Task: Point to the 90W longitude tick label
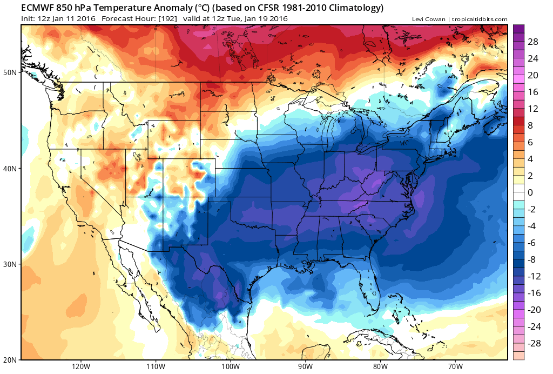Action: tap(305, 366)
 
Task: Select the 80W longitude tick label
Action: tap(380, 366)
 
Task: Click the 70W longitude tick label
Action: tap(455, 366)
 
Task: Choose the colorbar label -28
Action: tap(534, 343)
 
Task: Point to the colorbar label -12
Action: tap(534, 276)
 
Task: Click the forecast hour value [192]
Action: tap(168, 18)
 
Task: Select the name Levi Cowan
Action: tap(428, 19)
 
